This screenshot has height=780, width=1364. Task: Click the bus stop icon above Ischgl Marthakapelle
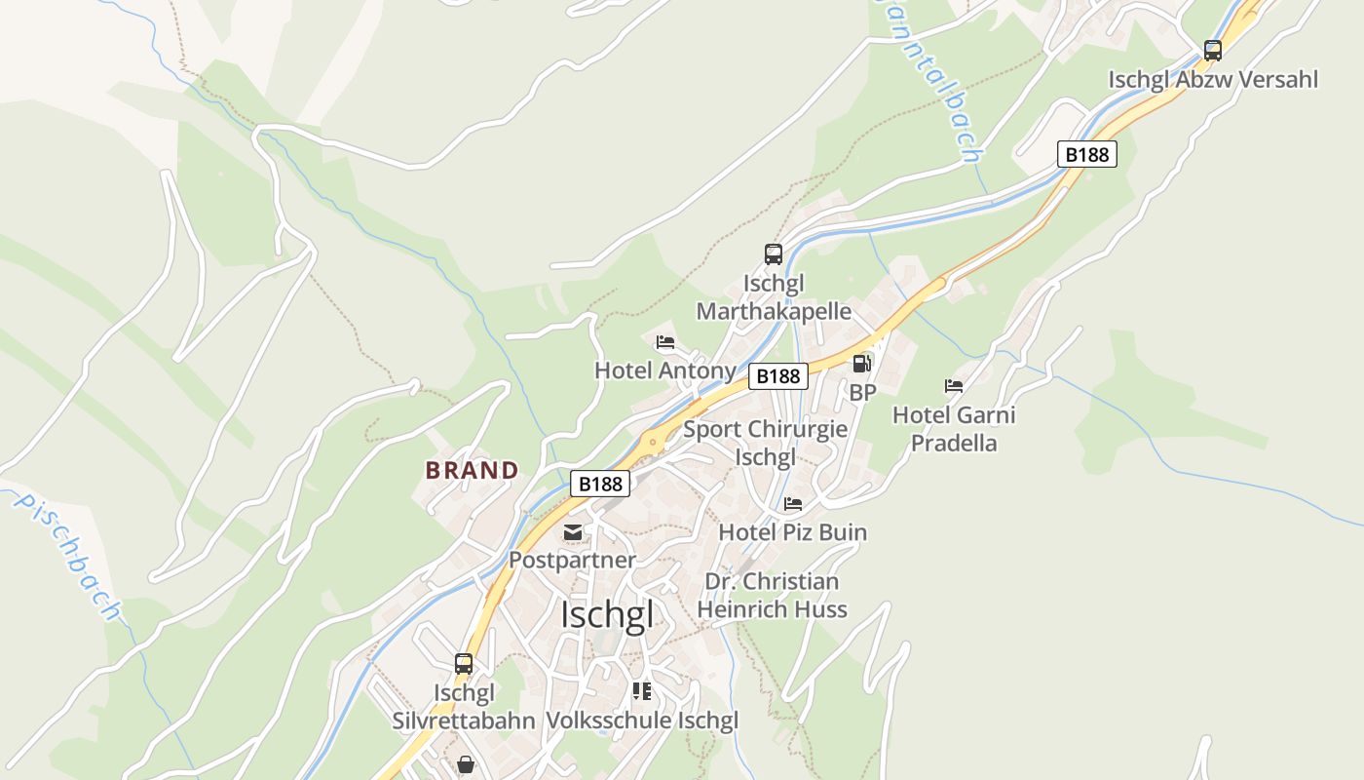tap(774, 254)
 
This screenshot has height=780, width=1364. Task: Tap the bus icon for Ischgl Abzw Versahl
tap(1212, 51)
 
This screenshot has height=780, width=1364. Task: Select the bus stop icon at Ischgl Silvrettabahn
tap(464, 664)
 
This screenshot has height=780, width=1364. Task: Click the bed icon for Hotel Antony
tap(665, 342)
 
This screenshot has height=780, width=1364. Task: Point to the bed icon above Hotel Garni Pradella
tap(954, 386)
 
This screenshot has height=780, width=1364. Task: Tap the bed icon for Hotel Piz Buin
tap(793, 504)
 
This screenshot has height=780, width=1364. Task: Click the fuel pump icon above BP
tap(862, 364)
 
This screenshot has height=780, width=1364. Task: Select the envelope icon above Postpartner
tap(573, 532)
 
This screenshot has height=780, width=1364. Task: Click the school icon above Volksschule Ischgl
tap(641, 691)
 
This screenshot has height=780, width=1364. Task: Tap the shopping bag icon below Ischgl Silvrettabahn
tap(466, 763)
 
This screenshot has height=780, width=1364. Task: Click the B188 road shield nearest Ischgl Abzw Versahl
tap(1086, 154)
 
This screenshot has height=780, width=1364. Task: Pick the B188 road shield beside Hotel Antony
tap(777, 376)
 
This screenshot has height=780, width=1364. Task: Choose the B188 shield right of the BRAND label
tap(599, 483)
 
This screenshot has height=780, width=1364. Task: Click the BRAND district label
tap(472, 470)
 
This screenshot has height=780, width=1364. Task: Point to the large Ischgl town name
tap(607, 615)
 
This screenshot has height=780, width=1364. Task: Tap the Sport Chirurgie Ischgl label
tap(765, 443)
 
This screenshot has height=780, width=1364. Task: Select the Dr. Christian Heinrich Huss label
tap(772, 596)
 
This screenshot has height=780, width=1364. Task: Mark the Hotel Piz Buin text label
tap(792, 532)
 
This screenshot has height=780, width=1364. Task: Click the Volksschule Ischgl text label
tap(642, 721)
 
